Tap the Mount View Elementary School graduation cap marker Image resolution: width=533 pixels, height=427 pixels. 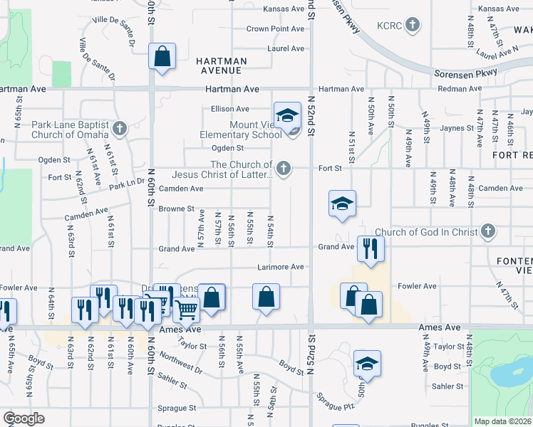[x=286, y=115]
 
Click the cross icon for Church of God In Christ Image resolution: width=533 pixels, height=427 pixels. [x=487, y=231]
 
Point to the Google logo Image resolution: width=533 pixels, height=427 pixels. [x=24, y=418]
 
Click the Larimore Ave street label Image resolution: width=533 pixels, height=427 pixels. [x=281, y=267]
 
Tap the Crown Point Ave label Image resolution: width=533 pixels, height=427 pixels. [x=275, y=29]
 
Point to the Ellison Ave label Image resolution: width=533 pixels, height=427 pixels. [x=229, y=109]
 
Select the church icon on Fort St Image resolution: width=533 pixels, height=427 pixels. [x=284, y=169]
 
